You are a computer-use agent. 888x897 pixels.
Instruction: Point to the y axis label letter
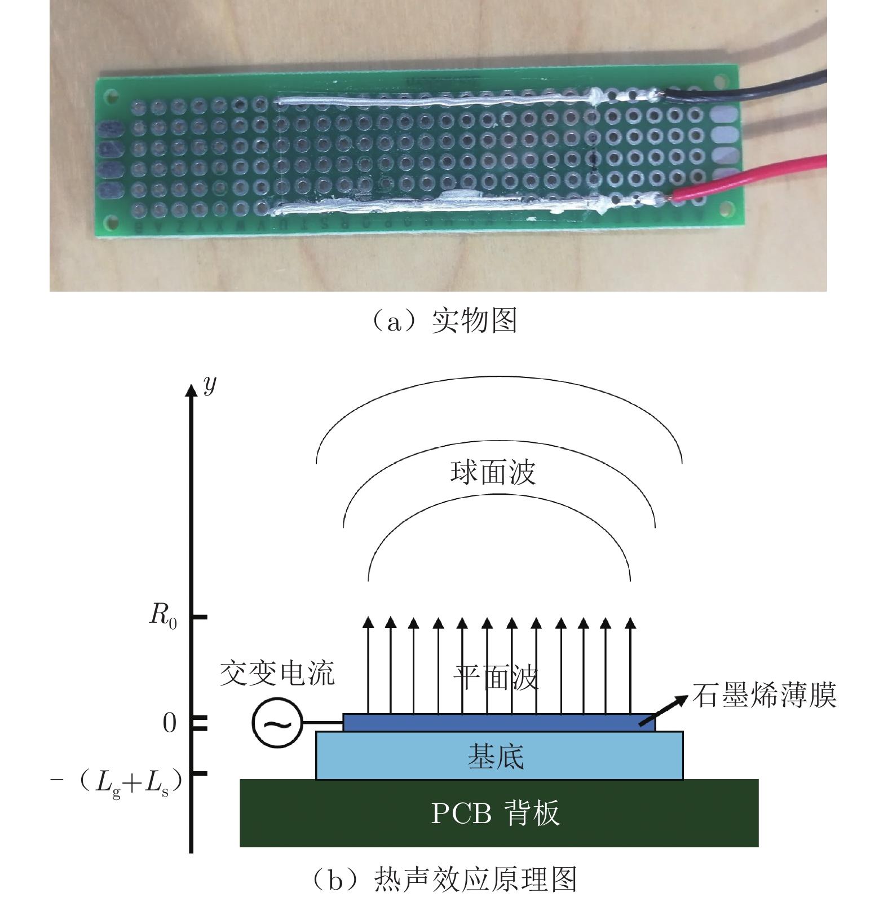pyautogui.click(x=210, y=385)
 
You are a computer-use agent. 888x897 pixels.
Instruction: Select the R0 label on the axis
pyautogui.click(x=163, y=614)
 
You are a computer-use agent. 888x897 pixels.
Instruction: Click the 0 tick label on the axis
pyautogui.click(x=169, y=723)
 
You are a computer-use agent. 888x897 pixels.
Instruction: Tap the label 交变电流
pyautogui.click(x=277, y=673)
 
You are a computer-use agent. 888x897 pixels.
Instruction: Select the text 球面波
pyautogui.click(x=493, y=473)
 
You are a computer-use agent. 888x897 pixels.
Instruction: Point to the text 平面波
pyautogui.click(x=496, y=677)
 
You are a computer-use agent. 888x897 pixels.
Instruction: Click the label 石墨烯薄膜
pyautogui.click(x=764, y=695)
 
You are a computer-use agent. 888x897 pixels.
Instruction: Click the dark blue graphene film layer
pyautogui.click(x=496, y=723)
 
